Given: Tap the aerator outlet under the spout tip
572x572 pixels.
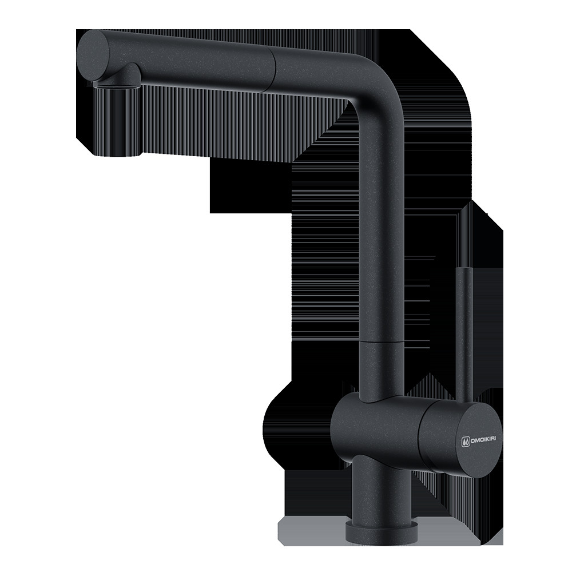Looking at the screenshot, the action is [116, 85].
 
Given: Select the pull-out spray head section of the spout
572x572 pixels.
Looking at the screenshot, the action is [175, 62].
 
